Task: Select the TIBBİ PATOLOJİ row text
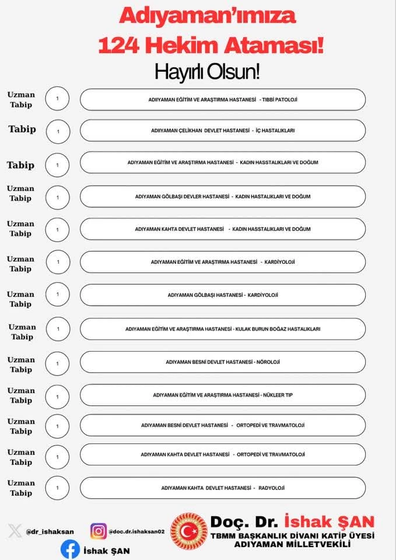[x=223, y=100]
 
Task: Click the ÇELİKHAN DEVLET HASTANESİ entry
[x=223, y=131]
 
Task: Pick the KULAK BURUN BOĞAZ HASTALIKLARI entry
[x=223, y=329]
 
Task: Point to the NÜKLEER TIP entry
[x=223, y=395]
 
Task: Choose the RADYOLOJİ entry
[x=223, y=488]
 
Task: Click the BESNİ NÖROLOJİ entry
[x=223, y=362]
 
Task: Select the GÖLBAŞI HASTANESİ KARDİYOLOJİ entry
[x=223, y=295]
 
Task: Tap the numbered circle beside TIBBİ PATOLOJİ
[x=57, y=99]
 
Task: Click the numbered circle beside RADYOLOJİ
[x=57, y=488]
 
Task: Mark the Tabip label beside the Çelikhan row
[x=22, y=129]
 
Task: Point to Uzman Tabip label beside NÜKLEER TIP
[x=21, y=395]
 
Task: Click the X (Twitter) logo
[x=15, y=531]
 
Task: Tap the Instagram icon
[x=99, y=531]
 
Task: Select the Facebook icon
[x=70, y=549]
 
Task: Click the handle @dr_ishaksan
[x=50, y=532]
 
